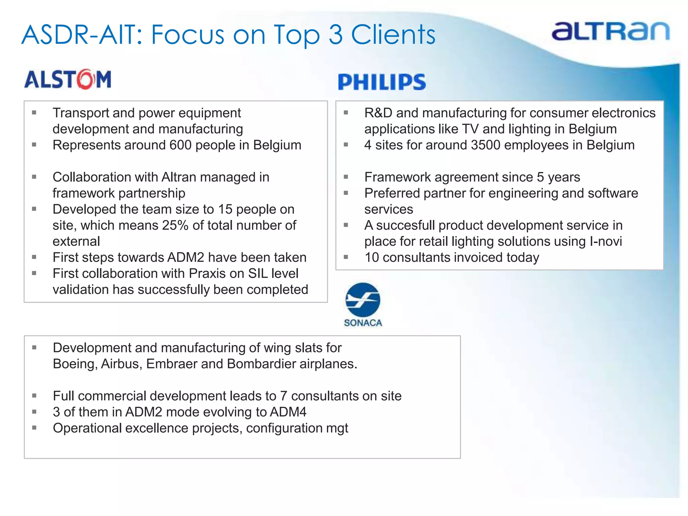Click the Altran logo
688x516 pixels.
[x=610, y=32]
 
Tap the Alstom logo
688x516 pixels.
[x=68, y=80]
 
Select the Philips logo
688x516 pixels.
[x=382, y=82]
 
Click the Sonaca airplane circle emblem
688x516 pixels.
[x=363, y=300]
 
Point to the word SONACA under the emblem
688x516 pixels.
[x=363, y=323]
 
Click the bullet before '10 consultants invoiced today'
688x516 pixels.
[x=346, y=257]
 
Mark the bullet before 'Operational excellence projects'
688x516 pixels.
[x=34, y=428]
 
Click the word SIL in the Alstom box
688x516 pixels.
[x=258, y=273]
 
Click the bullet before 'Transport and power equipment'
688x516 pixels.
[x=34, y=113]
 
